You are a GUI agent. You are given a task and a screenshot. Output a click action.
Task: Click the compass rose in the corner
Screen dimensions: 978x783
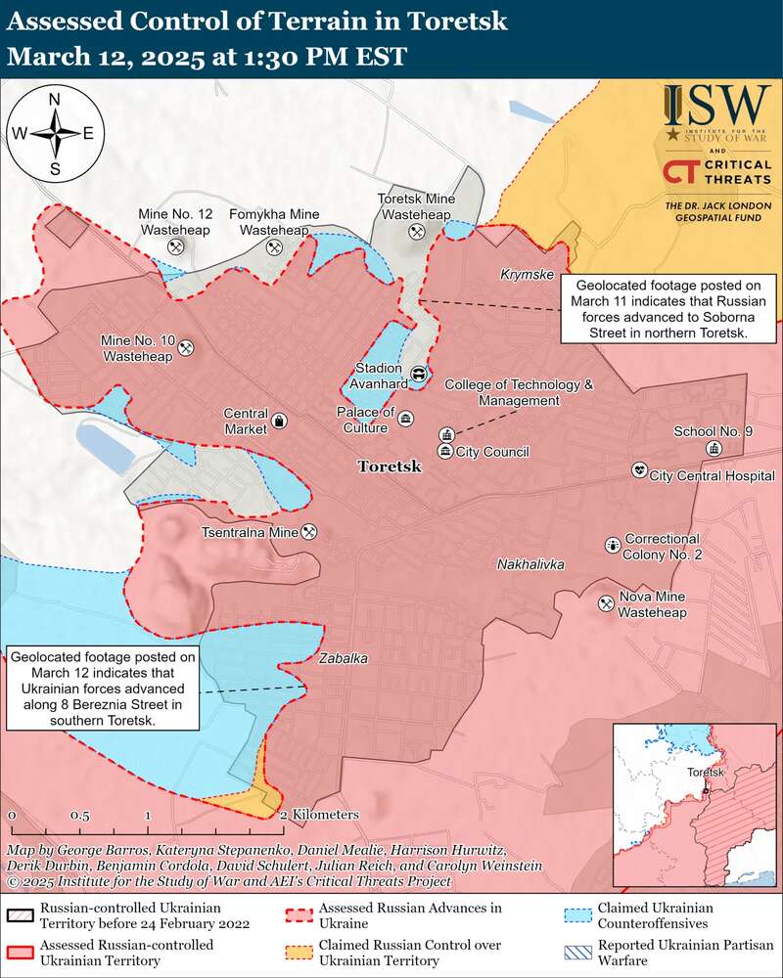[56, 133]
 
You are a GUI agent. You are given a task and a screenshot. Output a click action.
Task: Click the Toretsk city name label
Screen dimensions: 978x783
[390, 467]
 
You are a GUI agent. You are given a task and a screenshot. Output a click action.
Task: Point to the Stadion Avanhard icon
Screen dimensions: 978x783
[419, 374]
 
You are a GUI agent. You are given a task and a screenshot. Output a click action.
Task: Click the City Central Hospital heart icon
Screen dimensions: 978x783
[639, 470]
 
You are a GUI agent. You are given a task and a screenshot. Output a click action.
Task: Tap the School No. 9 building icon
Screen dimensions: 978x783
[714, 448]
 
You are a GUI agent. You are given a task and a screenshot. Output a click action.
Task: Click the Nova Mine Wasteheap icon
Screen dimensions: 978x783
[606, 604]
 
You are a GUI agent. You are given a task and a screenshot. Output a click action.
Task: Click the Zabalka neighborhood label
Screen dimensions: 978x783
[343, 659]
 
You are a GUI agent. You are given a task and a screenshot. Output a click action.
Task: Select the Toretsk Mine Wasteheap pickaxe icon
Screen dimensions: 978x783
[416, 232]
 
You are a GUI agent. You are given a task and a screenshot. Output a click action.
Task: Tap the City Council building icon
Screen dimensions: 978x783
[445, 451]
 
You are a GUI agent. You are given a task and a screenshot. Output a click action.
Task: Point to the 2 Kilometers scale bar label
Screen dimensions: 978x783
[320, 815]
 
